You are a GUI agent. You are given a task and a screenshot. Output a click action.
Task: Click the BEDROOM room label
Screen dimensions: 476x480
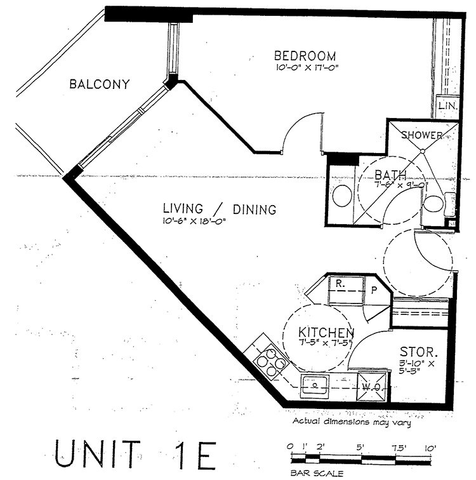pos(305,56)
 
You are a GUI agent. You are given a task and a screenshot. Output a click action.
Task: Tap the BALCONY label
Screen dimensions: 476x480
pos(100,84)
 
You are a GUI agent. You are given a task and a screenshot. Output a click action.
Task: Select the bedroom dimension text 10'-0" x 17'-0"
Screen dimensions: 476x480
pos(307,68)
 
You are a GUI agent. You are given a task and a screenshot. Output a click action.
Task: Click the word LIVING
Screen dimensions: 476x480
pos(183,208)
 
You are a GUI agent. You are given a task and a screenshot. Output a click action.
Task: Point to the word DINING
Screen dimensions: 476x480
pos(255,210)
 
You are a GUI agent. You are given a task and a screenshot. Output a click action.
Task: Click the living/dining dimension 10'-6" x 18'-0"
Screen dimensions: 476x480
pos(194,221)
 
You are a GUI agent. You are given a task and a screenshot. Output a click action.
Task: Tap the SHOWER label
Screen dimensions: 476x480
pos(422,135)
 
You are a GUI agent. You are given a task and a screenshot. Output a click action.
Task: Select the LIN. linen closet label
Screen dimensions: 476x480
pos(448,106)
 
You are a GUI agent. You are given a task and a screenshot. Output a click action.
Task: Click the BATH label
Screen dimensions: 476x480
pos(390,175)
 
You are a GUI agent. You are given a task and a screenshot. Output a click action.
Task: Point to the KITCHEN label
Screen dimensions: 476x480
pos(326,333)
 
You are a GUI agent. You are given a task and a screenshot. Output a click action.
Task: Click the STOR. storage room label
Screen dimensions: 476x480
pos(418,352)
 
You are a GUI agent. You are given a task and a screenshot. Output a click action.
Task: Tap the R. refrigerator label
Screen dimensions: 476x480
pos(340,284)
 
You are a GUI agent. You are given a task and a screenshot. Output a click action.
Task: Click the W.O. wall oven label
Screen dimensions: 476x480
pos(371,387)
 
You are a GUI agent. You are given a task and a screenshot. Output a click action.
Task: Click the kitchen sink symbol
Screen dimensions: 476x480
pos(315,385)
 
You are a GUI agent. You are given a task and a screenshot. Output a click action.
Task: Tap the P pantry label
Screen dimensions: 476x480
pos(374,290)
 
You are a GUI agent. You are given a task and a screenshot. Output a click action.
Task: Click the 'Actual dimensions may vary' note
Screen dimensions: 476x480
pos(352,422)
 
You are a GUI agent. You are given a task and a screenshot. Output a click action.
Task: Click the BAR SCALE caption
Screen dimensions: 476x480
pos(317,473)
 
